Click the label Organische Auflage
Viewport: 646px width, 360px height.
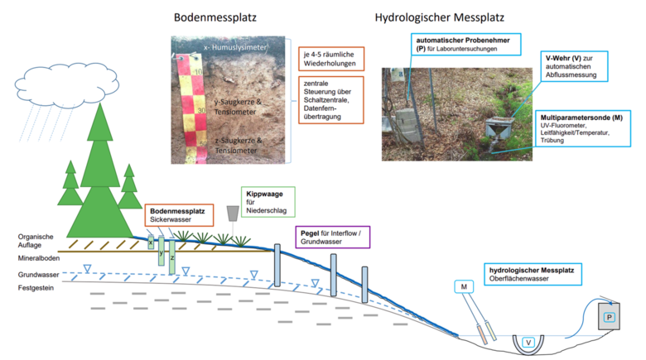(x=37, y=241)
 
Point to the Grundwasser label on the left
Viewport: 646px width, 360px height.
(x=40, y=274)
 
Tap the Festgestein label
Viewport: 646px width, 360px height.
(x=38, y=287)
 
